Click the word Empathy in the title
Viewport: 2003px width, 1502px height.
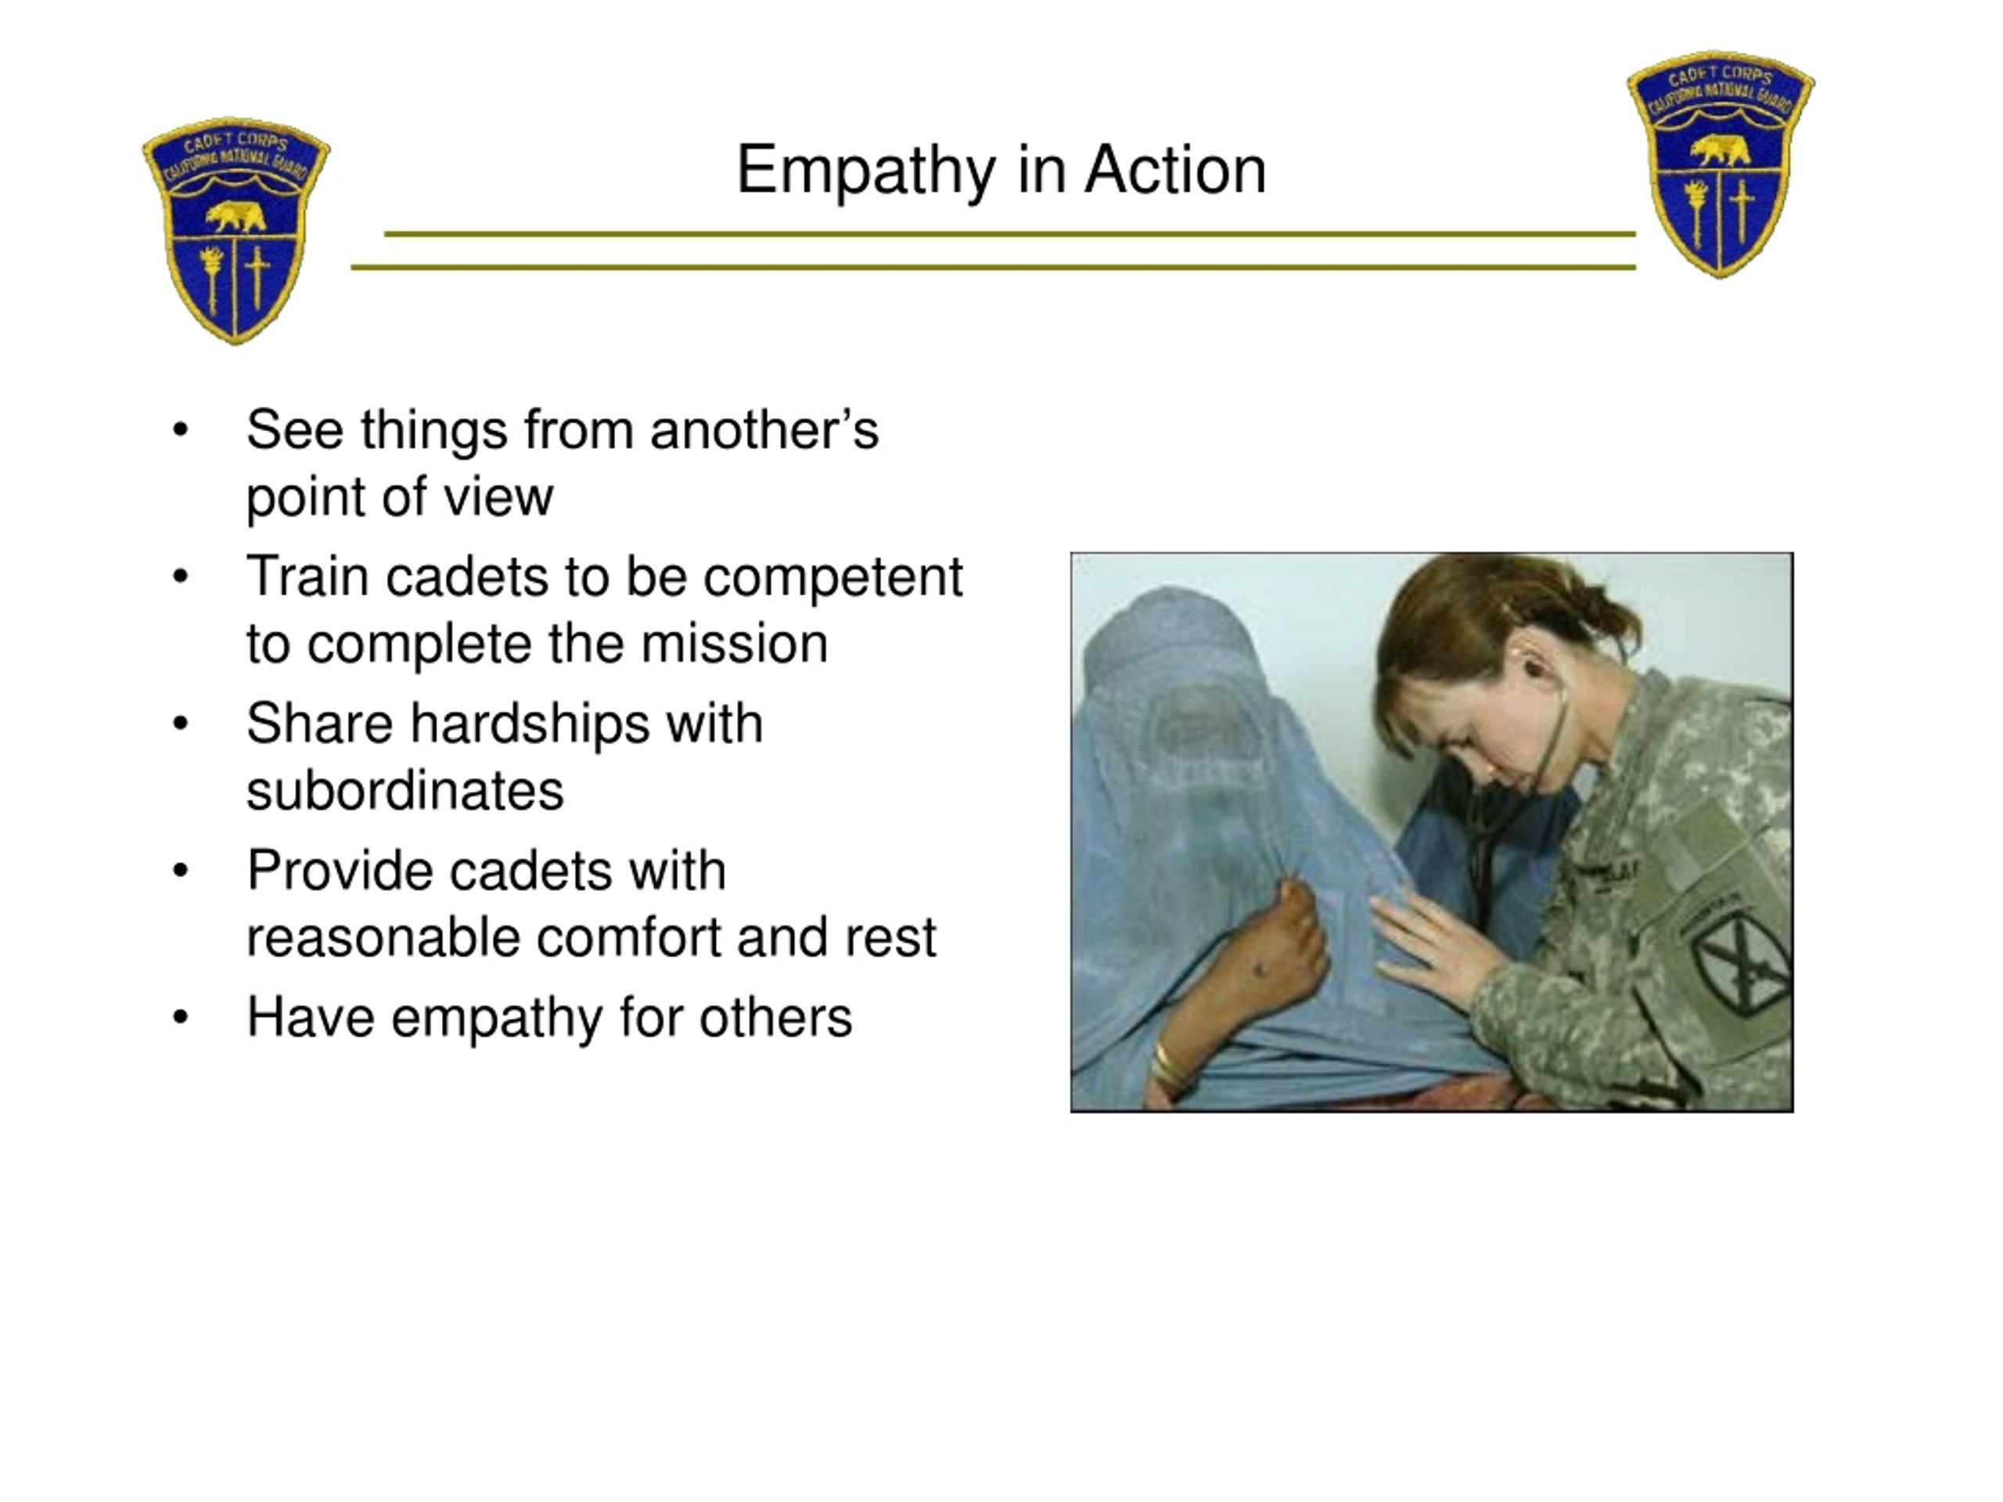coord(865,171)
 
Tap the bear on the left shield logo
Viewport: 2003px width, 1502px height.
coord(236,217)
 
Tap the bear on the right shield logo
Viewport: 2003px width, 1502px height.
coord(1720,150)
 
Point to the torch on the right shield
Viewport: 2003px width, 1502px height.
coord(1696,213)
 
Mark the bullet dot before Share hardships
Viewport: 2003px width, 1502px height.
coord(181,724)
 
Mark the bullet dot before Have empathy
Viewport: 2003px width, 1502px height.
coord(181,1018)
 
